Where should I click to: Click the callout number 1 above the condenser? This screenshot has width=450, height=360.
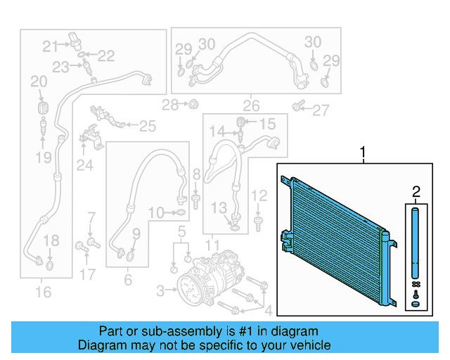point(363,151)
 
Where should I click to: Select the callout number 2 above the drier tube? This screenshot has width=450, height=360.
point(416,191)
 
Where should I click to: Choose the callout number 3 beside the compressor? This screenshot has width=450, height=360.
point(160,290)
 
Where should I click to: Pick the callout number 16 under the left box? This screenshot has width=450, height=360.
point(44,290)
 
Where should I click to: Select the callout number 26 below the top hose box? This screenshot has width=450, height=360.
point(251,106)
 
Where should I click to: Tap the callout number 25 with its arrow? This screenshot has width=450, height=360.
point(147,127)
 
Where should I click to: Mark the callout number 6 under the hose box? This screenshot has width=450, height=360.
point(128,279)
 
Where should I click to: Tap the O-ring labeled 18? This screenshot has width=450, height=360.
point(50,266)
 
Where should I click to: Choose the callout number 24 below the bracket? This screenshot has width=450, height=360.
point(84,165)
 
